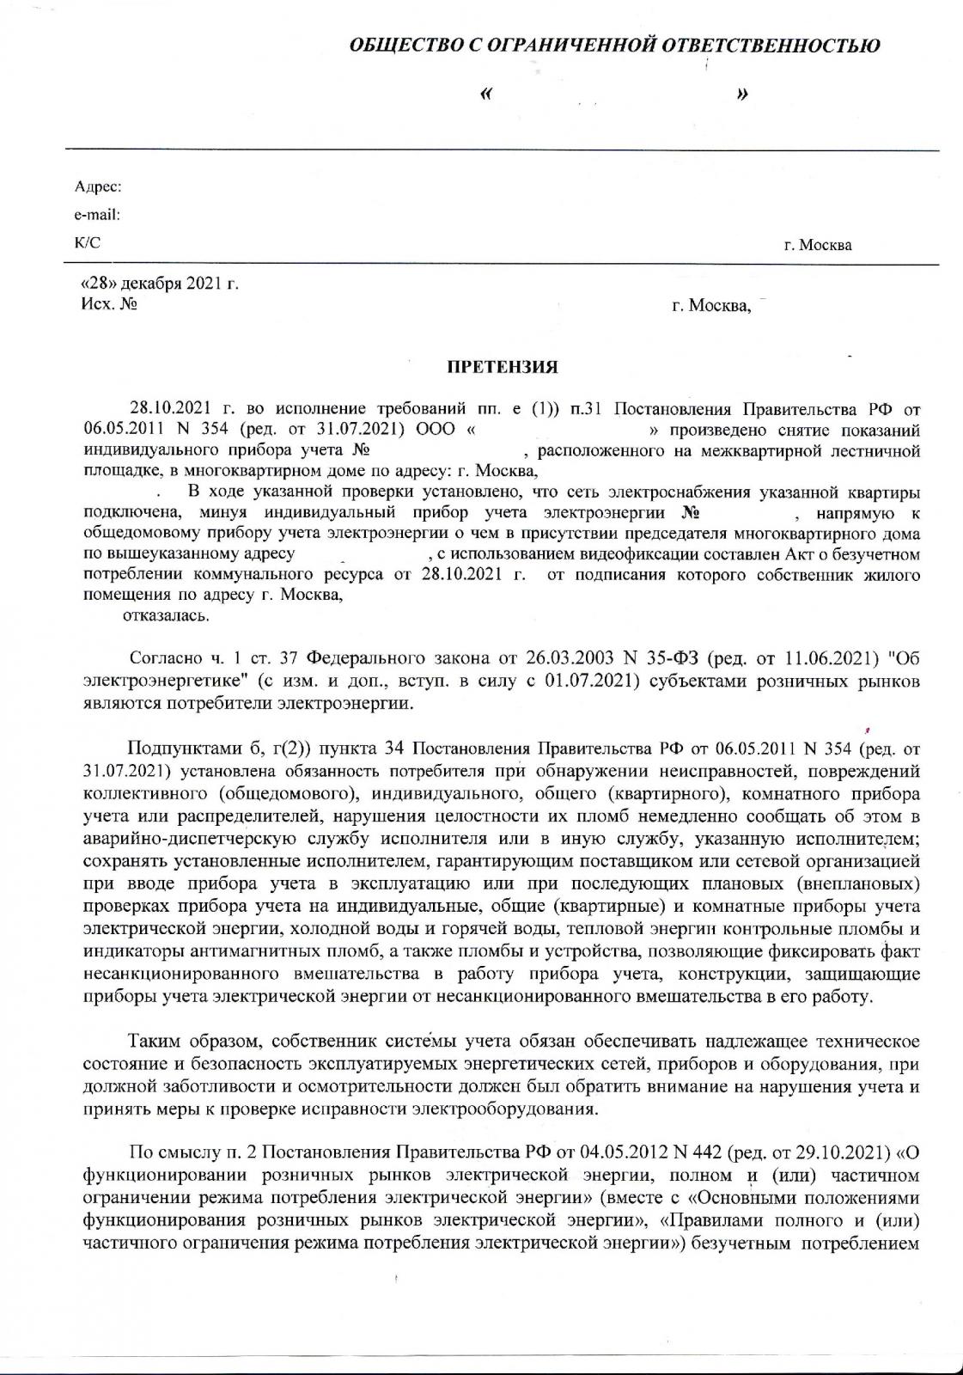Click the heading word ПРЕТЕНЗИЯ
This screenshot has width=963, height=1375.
coord(503,368)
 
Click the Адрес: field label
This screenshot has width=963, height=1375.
coord(98,186)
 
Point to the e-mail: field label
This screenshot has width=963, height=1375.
coord(97,215)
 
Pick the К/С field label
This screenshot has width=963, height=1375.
coord(88,243)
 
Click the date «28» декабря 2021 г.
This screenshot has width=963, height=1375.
coord(159,285)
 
